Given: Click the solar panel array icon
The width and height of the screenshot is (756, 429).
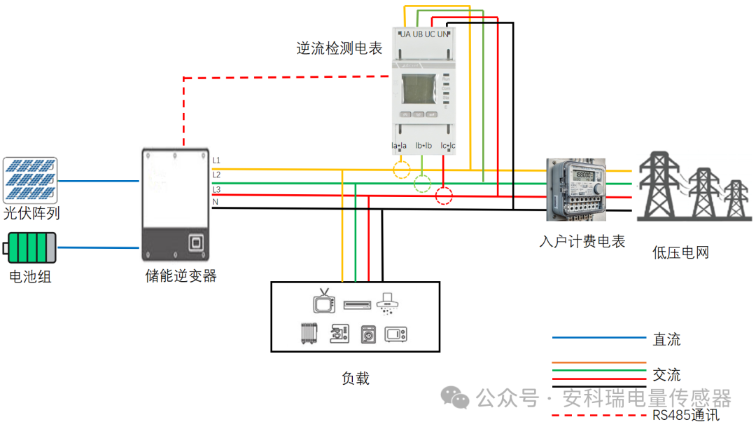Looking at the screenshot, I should click(x=30, y=179).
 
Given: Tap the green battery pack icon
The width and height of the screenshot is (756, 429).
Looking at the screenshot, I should click(x=31, y=248).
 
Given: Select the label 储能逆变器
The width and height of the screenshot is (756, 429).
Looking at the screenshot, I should click(x=176, y=275).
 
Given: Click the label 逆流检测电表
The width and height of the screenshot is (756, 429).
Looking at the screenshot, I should click(x=339, y=48).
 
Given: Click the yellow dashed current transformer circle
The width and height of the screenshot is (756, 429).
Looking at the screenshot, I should click(x=401, y=170).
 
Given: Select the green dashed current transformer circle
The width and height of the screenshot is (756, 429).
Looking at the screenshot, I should click(x=423, y=184).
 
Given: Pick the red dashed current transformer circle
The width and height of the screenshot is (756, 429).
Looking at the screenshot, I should click(x=444, y=196).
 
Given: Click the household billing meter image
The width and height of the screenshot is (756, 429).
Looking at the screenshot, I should click(x=576, y=189).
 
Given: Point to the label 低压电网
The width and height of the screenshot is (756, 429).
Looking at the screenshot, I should click(x=681, y=252).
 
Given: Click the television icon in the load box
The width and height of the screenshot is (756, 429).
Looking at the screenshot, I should click(x=324, y=301).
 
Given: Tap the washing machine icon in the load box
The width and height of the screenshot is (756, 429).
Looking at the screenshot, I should click(x=369, y=334).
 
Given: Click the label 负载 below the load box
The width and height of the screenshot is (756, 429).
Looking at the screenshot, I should click(x=355, y=379).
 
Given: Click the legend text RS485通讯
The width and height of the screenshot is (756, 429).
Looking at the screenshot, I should click(x=686, y=414).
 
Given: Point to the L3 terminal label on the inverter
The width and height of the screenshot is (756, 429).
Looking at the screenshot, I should click(x=217, y=190).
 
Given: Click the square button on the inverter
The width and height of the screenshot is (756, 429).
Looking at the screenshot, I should click(x=196, y=243).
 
